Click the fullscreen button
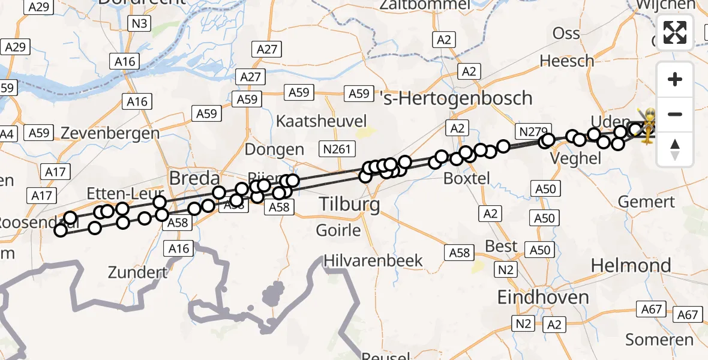[x=675, y=32]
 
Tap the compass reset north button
[x=675, y=149]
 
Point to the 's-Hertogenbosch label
[x=457, y=98]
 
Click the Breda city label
[x=194, y=178]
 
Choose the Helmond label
[x=631, y=265]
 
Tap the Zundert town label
[x=138, y=272]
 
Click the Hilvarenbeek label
[x=373, y=261]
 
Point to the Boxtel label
[x=466, y=178]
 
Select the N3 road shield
[x=140, y=24]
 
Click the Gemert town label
[x=647, y=202]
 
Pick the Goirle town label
[x=338, y=230]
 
